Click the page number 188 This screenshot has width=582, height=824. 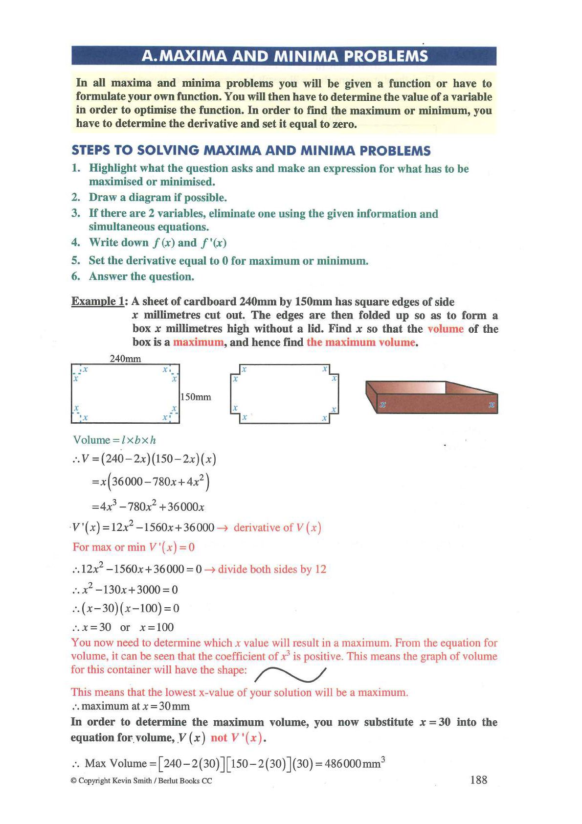tap(478, 780)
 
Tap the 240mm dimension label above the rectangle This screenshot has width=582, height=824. tap(125, 359)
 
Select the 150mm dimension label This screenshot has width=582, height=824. tap(196, 397)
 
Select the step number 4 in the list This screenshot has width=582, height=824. tap(75, 243)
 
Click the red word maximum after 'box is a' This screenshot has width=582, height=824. tap(198, 343)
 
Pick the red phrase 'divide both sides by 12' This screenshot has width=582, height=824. tap(272, 570)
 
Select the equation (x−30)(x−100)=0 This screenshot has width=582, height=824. tap(126, 608)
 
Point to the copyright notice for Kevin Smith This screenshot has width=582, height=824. tap(141, 781)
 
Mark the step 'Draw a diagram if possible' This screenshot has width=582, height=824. tap(157, 198)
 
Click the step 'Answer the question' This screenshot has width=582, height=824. tap(141, 276)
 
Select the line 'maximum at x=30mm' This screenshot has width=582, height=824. tap(131, 706)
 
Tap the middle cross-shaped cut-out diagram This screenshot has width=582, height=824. tap(284, 393)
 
